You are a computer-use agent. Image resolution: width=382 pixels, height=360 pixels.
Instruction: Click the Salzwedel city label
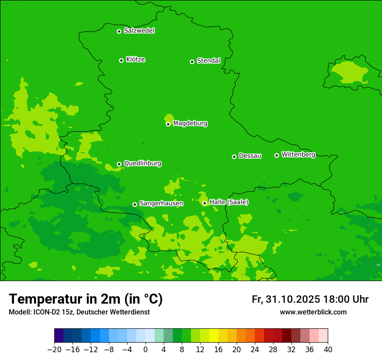click(x=139, y=31)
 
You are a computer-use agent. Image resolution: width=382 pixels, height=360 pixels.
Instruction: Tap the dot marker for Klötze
click(x=121, y=60)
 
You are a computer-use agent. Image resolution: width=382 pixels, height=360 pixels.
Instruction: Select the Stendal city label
click(x=208, y=61)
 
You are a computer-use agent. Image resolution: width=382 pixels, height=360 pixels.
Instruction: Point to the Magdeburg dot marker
click(x=168, y=124)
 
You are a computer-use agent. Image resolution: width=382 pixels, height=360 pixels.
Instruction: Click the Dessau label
click(x=250, y=156)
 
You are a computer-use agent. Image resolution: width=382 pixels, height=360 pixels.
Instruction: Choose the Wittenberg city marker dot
click(x=277, y=155)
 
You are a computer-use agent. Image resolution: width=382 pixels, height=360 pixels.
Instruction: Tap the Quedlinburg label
click(x=142, y=164)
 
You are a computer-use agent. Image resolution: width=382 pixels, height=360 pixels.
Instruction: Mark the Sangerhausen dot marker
click(x=135, y=204)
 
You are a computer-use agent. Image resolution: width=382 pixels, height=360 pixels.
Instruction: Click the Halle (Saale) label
click(x=229, y=202)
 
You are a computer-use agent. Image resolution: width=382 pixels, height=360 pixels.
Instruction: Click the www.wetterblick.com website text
click(x=313, y=312)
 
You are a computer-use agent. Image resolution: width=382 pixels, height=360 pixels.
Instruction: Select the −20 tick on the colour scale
click(x=54, y=349)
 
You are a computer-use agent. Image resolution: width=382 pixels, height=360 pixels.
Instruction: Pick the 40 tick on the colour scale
click(x=328, y=349)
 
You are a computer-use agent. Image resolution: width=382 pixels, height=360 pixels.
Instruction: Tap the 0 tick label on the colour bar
click(x=145, y=349)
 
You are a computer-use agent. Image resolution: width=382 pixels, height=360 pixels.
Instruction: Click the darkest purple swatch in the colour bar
click(x=59, y=335)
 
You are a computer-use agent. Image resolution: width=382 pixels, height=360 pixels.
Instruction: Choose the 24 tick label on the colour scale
click(x=255, y=349)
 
